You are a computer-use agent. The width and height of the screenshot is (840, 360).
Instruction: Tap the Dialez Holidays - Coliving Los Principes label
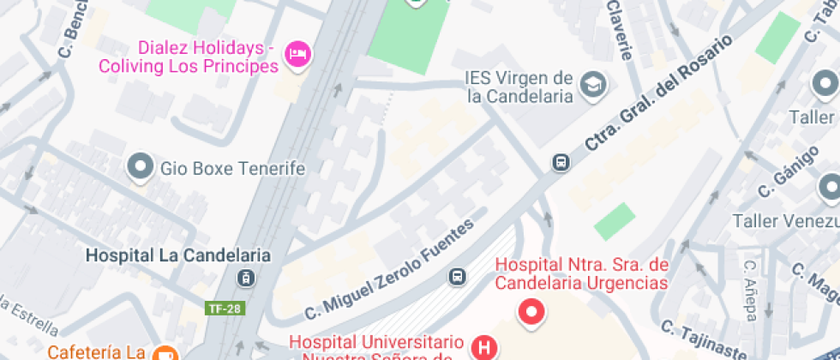[x=189, y=57]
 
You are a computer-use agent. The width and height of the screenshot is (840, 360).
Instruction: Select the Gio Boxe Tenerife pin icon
[x=139, y=167]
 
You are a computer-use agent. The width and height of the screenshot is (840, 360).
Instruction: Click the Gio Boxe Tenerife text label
[x=232, y=168]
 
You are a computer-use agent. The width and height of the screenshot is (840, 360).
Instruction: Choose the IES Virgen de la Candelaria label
[x=519, y=87]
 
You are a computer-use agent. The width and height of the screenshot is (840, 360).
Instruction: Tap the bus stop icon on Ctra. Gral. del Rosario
[x=561, y=162]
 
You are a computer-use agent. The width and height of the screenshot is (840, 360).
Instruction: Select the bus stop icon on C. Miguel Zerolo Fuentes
[x=458, y=276]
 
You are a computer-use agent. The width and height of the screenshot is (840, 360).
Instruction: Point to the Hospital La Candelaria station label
[x=179, y=255]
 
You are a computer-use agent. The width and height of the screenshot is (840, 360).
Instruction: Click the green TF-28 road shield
[x=222, y=309]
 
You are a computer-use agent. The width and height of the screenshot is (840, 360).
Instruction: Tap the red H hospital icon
[x=485, y=347]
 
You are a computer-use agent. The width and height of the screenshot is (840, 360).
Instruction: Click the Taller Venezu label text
[x=785, y=220]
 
